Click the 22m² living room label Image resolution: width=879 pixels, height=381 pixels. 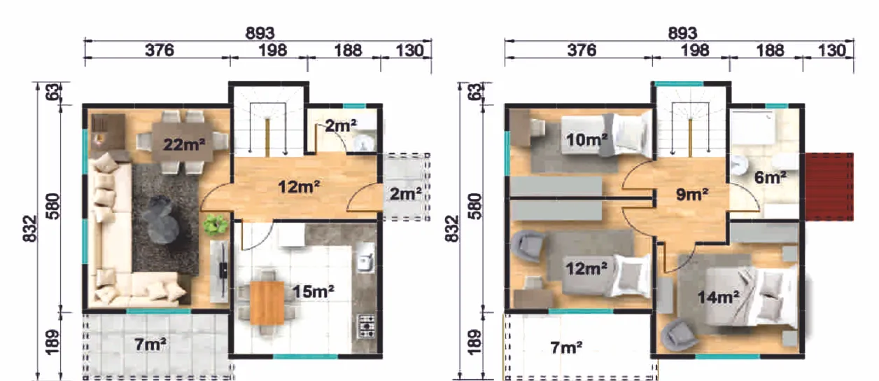tap(184, 144)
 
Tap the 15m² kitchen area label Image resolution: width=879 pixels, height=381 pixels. tap(313, 291)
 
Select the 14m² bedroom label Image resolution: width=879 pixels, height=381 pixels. tap(719, 297)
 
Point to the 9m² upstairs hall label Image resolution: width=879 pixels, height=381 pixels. tap(692, 194)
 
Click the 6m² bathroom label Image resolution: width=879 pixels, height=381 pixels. tap(771, 177)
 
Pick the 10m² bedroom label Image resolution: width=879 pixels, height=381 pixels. tap(586, 139)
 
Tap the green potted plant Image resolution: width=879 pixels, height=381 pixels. tap(216, 225)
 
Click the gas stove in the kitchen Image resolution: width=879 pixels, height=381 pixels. tap(367, 326)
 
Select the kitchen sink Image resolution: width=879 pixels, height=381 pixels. tap(366, 261)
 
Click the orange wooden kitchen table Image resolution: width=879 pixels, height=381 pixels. tap(267, 303)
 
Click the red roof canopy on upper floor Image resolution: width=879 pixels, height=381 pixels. tap(829, 186)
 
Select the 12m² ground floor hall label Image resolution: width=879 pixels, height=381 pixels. tap(299, 186)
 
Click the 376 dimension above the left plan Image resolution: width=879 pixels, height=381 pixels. tap(160, 50)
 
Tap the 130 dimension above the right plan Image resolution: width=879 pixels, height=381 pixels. tap(831, 50)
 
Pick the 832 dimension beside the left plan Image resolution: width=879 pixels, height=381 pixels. tap(30, 228)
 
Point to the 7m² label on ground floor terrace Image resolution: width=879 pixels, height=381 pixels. tap(150, 345)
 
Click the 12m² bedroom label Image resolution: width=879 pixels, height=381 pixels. tap(586, 268)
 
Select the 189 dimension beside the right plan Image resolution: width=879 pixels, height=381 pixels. tap(474, 342)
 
